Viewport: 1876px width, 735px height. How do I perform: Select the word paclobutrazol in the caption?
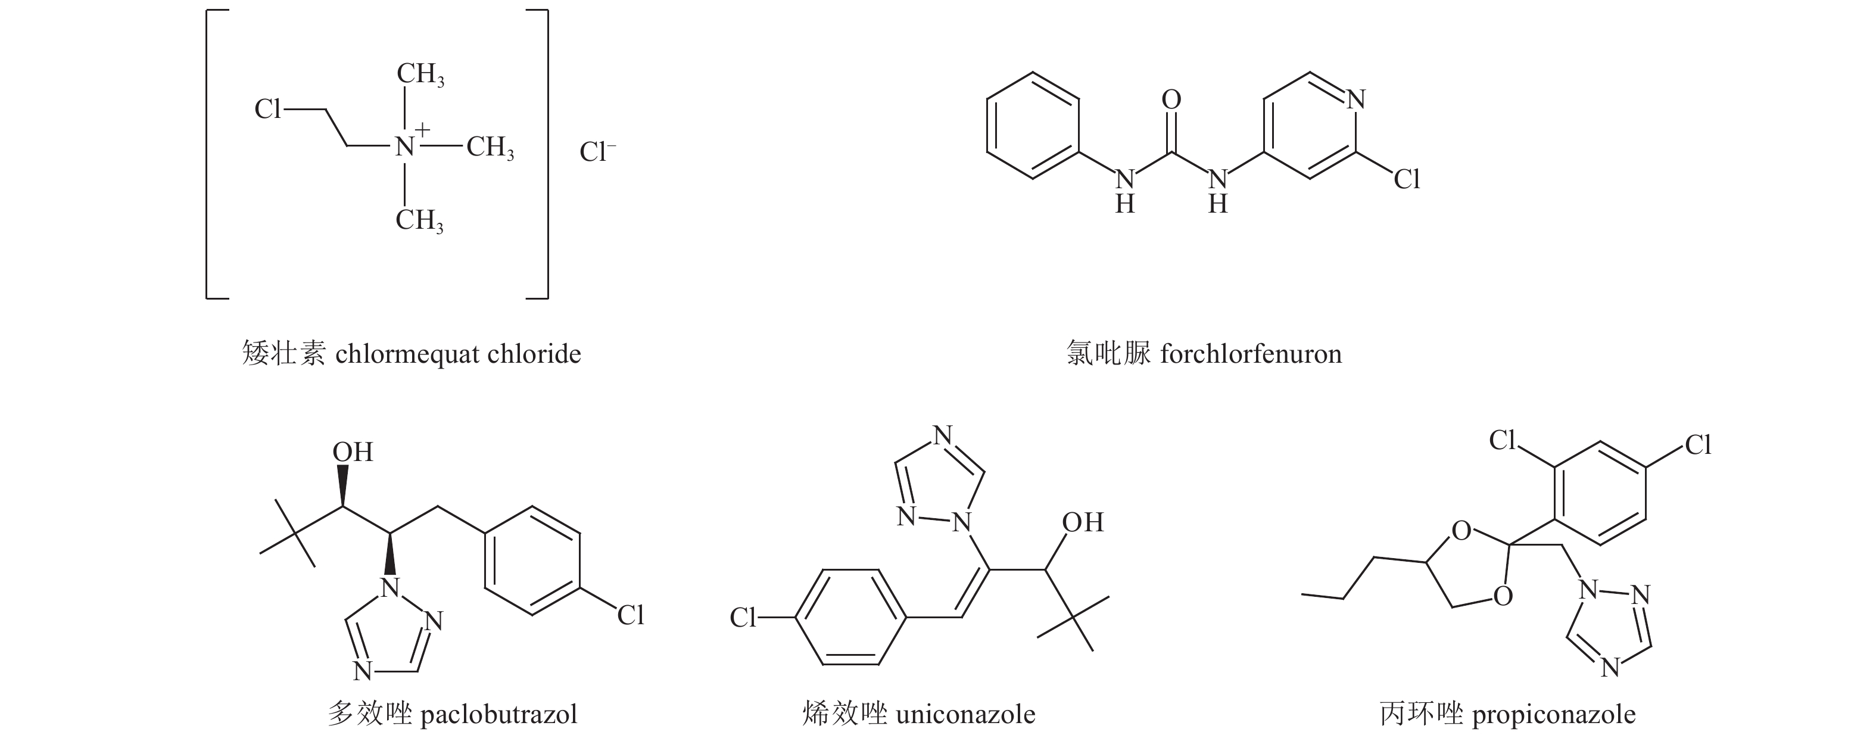(499, 714)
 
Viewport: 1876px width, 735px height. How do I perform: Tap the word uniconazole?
(965, 714)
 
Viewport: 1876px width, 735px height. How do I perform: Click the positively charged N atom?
(405, 147)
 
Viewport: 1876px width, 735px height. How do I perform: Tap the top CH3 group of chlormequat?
(420, 75)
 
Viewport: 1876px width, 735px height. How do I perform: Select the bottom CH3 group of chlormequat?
(419, 220)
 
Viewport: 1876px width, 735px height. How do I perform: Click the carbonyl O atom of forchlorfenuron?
(1171, 100)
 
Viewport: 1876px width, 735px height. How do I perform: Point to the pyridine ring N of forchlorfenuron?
(1355, 100)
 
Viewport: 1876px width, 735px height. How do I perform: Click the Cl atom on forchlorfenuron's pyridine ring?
(1406, 179)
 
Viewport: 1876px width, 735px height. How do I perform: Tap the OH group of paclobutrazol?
(353, 452)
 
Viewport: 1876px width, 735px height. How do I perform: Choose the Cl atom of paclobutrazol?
(631, 615)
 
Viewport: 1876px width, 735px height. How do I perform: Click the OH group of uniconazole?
(1082, 522)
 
